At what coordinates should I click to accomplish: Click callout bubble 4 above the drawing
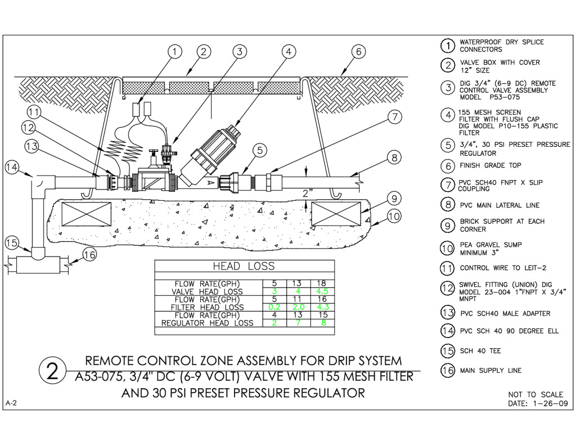point(288,52)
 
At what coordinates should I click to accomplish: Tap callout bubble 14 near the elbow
point(12,167)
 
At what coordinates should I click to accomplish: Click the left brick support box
point(87,214)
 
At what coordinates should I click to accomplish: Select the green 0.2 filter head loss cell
point(274,307)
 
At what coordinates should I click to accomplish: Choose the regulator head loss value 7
point(299,323)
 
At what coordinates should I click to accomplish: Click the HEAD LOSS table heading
point(244,266)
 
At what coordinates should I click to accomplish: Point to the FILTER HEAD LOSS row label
point(209,307)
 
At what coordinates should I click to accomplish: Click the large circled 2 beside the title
point(52,371)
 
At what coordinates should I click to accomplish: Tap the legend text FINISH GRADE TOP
point(490,165)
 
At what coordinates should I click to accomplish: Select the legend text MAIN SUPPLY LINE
point(490,370)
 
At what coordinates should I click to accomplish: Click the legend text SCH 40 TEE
point(480,351)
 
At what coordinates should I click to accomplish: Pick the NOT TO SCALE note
point(535,394)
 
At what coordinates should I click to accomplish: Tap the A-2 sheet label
point(11,403)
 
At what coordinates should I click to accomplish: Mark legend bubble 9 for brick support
point(447,226)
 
